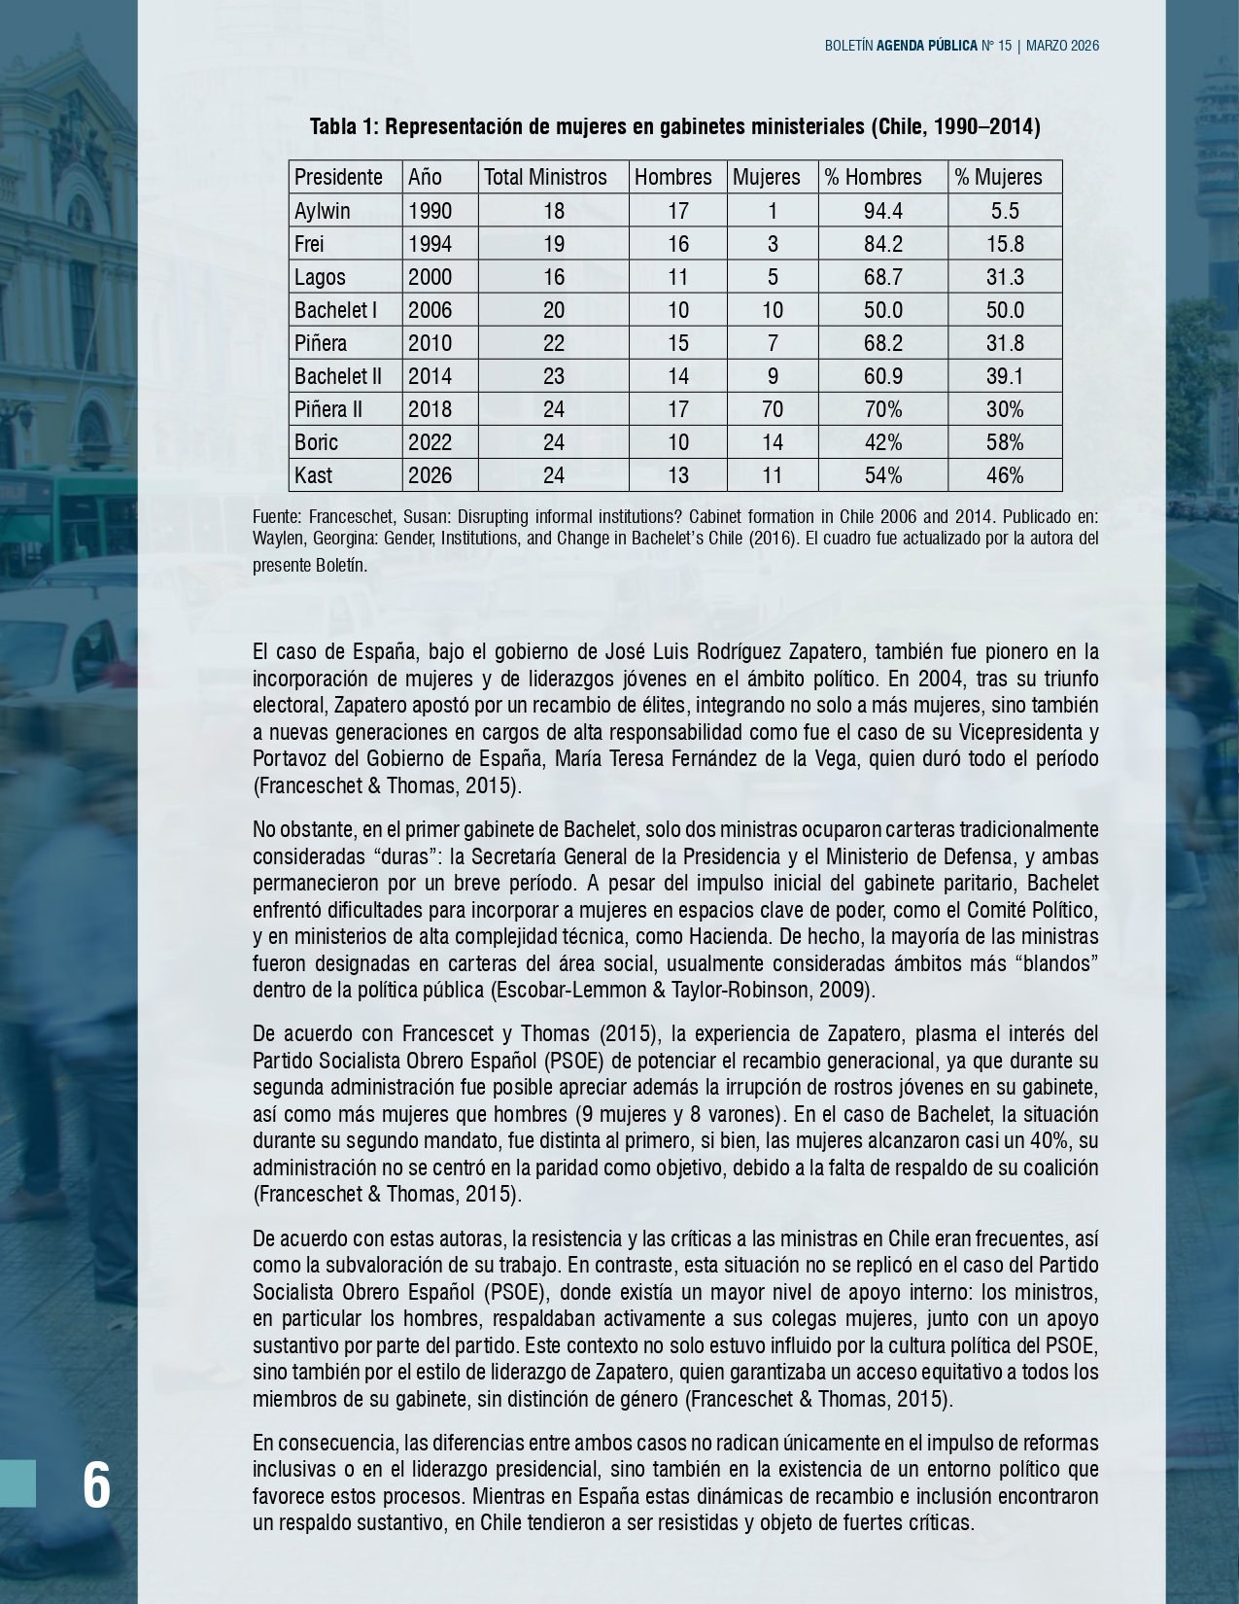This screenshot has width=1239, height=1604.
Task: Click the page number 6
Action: coord(96,1485)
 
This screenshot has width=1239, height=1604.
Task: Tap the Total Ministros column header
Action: coord(545,177)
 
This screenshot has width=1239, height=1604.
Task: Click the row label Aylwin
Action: coord(323,211)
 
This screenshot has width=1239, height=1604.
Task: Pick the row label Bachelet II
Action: coord(338,376)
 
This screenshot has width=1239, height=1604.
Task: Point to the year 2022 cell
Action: coord(430,442)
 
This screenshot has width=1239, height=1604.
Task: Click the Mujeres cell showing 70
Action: coord(773,409)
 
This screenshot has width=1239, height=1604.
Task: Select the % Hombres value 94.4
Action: coord(882,211)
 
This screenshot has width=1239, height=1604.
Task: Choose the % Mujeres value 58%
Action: coord(1005,442)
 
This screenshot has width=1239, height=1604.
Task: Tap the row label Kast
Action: coord(314,475)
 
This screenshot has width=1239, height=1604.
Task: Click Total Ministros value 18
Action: coord(554,211)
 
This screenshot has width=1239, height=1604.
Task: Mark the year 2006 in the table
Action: coord(430,310)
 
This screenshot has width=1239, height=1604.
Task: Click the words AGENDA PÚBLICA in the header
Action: coord(926,46)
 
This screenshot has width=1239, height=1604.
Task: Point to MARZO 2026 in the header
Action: coord(1062,46)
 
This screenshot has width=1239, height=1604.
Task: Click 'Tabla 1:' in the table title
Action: coord(345,126)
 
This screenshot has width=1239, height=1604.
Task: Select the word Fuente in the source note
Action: coord(276,516)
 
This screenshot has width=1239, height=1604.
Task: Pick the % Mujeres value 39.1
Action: coord(1005,376)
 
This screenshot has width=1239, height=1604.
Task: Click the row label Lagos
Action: coord(320,277)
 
